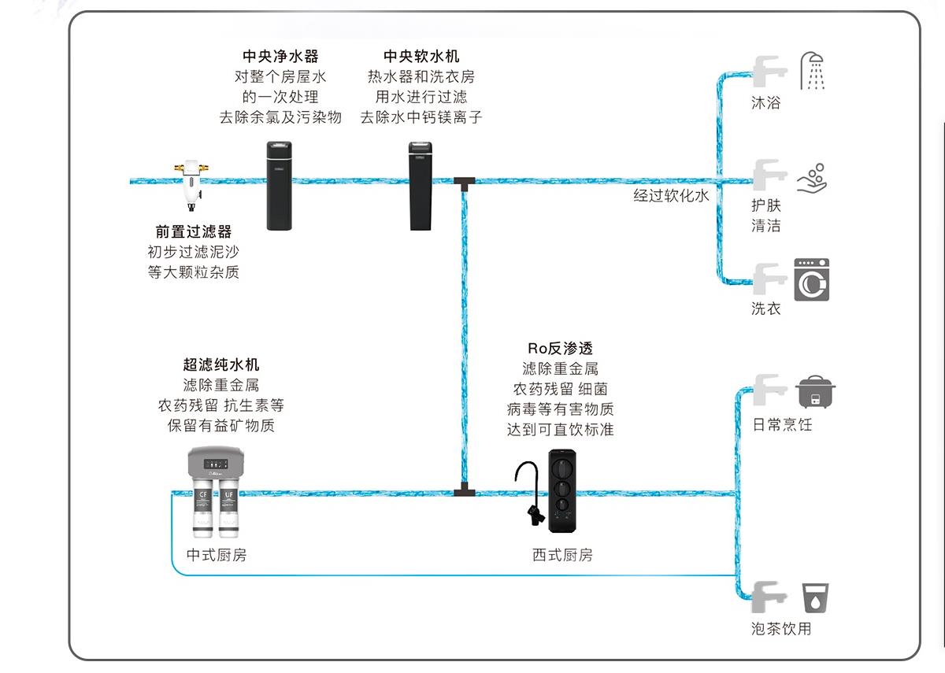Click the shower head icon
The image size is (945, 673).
coord(814,71)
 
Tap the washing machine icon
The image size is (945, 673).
coord(811,279)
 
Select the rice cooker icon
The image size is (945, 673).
coord(816,390)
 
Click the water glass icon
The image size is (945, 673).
coord(815,598)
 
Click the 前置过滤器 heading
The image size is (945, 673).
coord(194,232)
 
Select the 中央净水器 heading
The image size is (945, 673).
coord(280,57)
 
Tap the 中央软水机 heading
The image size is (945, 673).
coord(421,57)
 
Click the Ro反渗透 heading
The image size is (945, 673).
coord(560,348)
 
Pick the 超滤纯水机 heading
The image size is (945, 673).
coord(221,365)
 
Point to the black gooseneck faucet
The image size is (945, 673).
coord(528,492)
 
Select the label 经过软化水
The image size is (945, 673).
coord(671,195)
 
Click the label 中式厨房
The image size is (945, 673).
coord(217,555)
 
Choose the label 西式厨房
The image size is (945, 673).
coord(562,555)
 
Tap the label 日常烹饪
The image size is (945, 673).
coord(782,425)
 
